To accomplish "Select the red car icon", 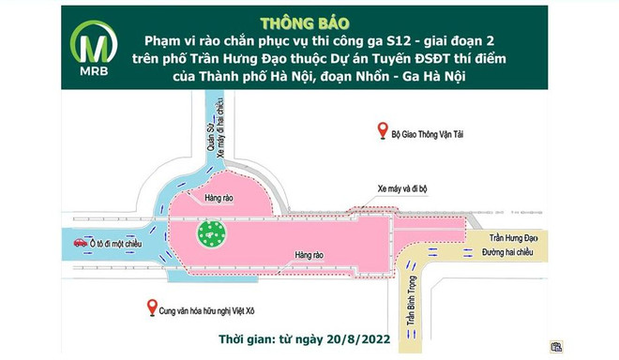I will tap(81, 243).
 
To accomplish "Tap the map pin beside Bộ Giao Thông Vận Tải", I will tap(381, 130).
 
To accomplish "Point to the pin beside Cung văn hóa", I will tap(149, 306).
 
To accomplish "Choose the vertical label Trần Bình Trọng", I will tap(411, 313).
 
